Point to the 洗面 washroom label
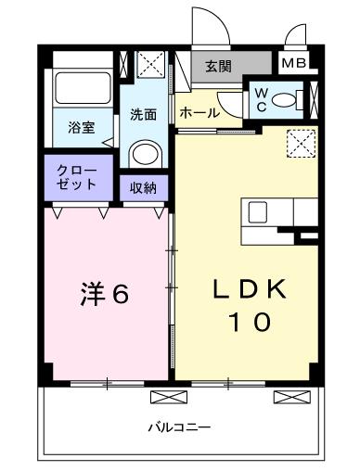[143, 115]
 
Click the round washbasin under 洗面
[144, 154]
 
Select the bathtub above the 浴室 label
[82, 88]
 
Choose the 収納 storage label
[143, 188]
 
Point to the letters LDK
[248, 288]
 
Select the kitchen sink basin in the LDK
[259, 211]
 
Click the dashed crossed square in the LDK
[300, 142]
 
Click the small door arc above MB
[296, 37]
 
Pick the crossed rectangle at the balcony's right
[292, 396]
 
